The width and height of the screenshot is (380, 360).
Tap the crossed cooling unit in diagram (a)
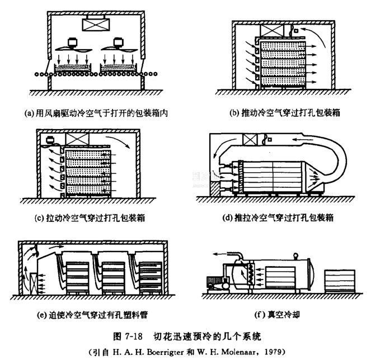[95, 25]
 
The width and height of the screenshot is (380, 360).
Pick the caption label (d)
[228, 217]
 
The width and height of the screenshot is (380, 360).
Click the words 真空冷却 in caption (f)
[284, 314]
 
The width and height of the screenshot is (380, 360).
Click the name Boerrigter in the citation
[166, 352]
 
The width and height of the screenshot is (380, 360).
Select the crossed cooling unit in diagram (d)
[249, 139]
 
